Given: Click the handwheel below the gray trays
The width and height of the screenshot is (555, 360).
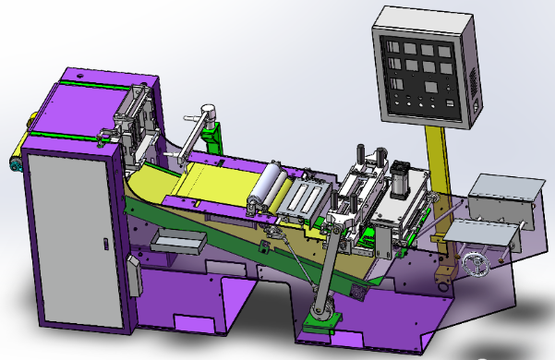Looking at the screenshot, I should pos(477,264).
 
